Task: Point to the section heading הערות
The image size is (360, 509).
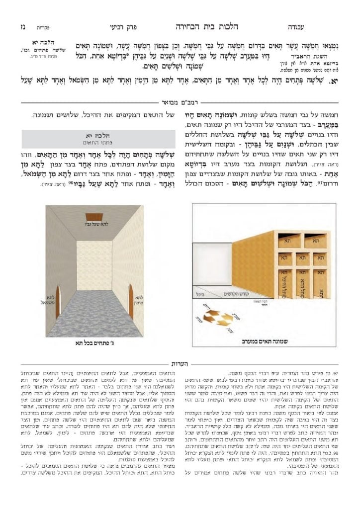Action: click(x=179, y=364)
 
